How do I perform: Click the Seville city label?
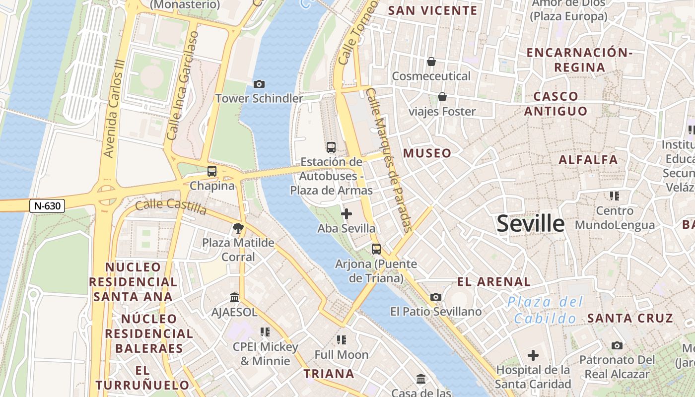pyautogui.click(x=530, y=224)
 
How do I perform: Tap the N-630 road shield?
pyautogui.click(x=47, y=206)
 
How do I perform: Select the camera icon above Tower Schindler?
pyautogui.click(x=259, y=84)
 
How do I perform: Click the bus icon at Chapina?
pyautogui.click(x=212, y=171)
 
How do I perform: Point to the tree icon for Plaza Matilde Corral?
pyautogui.click(x=238, y=228)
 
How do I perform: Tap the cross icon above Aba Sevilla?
pyautogui.click(x=347, y=214)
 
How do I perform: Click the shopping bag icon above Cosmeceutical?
pyautogui.click(x=431, y=62)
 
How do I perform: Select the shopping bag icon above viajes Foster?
pyautogui.click(x=442, y=97)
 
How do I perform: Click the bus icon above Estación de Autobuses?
pyautogui.click(x=331, y=147)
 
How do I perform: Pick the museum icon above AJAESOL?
pyautogui.click(x=234, y=298)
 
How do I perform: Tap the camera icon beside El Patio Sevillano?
pyautogui.click(x=436, y=297)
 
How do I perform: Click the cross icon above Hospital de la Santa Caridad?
pyautogui.click(x=533, y=355)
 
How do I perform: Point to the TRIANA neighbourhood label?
pyautogui.click(x=329, y=374)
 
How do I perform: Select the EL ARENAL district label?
pyautogui.click(x=493, y=282)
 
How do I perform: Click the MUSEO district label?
pyautogui.click(x=427, y=153)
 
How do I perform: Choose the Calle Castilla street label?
pyautogui.click(x=171, y=206)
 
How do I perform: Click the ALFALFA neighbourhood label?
pyautogui.click(x=588, y=160)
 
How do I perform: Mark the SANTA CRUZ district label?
pyautogui.click(x=630, y=318)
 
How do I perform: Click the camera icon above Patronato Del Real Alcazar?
pyautogui.click(x=617, y=345)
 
